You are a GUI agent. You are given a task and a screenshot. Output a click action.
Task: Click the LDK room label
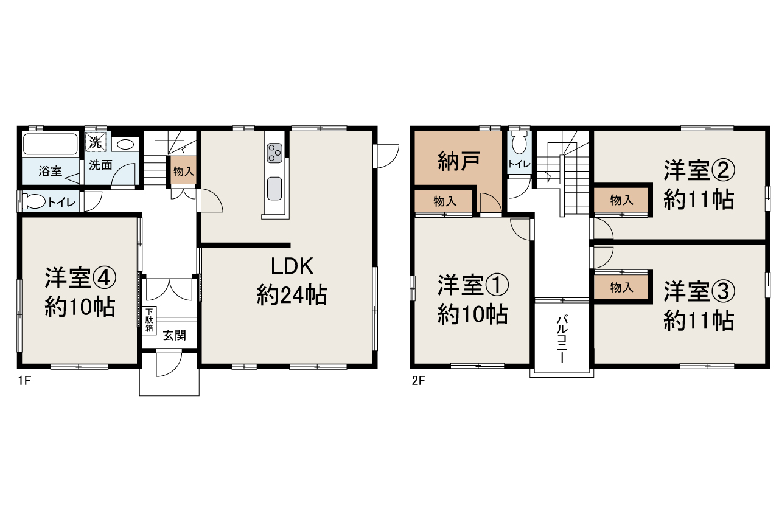[292, 266]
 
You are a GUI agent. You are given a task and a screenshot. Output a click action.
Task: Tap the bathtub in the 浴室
[50, 145]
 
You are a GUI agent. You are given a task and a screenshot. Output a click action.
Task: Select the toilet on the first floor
[37, 201]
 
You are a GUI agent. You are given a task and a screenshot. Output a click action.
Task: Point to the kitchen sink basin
[274, 189]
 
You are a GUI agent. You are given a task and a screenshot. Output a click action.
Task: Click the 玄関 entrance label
[174, 335]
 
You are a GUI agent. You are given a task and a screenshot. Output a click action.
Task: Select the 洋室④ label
[80, 279]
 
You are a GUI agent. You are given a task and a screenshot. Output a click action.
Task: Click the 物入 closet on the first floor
[183, 172]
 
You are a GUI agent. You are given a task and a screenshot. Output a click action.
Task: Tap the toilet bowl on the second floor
[519, 144]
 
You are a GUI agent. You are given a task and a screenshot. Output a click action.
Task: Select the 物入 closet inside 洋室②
[621, 200]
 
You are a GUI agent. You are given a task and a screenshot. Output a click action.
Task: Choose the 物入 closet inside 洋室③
[621, 288]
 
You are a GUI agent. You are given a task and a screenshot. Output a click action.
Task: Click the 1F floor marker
[24, 383]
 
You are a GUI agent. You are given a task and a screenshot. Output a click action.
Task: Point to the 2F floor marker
[417, 383]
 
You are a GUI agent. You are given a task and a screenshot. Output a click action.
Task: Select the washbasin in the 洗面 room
[126, 145]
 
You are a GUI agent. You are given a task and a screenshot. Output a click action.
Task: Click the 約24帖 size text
[292, 296]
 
